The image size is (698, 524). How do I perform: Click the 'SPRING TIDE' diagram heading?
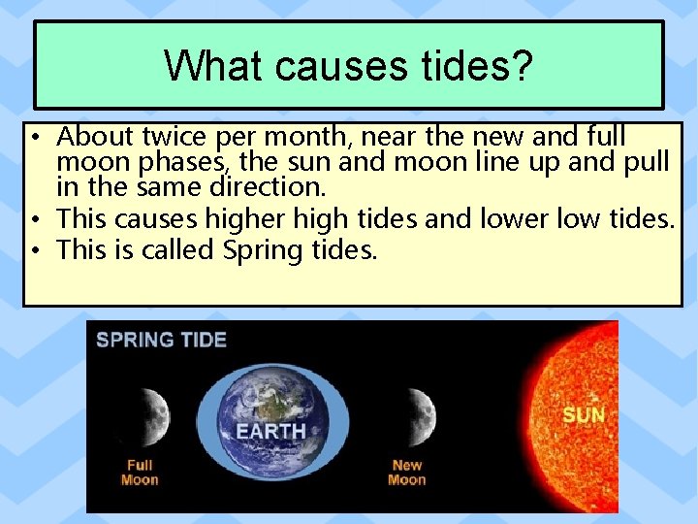tap(161, 340)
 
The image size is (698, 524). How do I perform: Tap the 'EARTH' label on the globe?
tap(270, 431)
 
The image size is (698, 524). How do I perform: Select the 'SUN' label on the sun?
tap(584, 415)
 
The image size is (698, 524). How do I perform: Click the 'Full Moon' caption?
tap(140, 473)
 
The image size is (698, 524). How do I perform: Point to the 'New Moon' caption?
tap(406, 473)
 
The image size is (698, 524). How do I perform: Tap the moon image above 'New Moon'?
tap(417, 411)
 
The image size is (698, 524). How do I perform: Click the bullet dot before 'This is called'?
tap(34, 250)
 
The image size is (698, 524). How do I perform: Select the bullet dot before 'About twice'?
tap(34, 136)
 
